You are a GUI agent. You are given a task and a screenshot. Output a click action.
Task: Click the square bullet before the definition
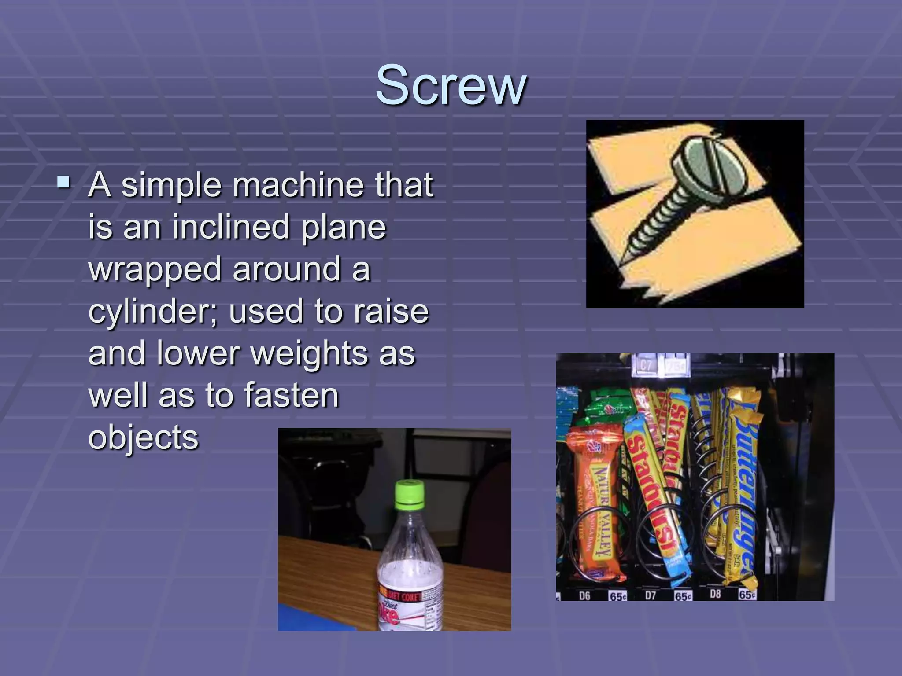coord(63,182)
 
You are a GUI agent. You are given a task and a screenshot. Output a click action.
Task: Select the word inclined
coord(229,227)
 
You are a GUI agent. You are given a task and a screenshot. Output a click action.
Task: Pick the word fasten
coord(291,395)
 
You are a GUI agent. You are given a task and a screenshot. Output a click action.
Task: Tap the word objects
coord(144,437)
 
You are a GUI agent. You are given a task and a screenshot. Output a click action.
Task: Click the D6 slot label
coord(584,596)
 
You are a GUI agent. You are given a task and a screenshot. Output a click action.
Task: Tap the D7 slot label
coord(650,595)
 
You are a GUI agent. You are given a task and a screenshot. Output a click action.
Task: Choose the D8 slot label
coord(715,594)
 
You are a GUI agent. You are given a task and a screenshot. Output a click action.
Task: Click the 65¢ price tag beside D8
coord(747,595)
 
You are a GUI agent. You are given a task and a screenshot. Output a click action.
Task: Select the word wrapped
coord(155,269)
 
